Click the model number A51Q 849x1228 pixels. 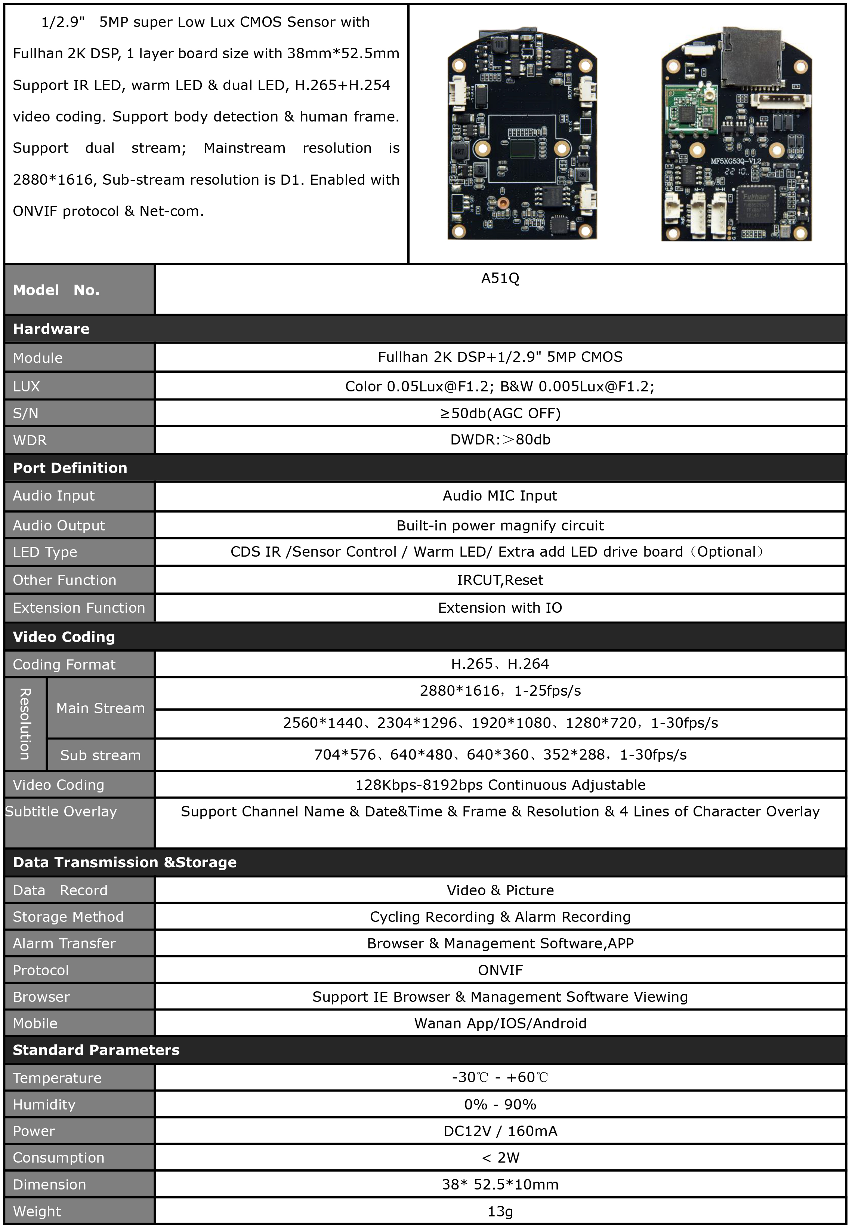tap(500, 278)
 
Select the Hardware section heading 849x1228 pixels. tap(51, 329)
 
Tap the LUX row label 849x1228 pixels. tap(27, 386)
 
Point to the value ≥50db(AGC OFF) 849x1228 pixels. tap(500, 413)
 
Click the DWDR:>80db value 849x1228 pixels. tap(500, 440)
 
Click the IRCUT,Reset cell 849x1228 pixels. tap(500, 580)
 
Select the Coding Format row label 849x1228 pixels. tap(64, 665)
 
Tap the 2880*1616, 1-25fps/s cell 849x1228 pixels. tap(500, 690)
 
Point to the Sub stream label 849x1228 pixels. tap(100, 755)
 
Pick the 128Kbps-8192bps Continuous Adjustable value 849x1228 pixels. tap(500, 785)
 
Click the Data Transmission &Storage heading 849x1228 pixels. tap(124, 862)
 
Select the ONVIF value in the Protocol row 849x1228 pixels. tap(500, 970)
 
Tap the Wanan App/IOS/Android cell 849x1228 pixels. tap(500, 1023)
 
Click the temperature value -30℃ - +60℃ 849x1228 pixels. tap(500, 1077)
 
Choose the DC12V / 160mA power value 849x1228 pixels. tap(500, 1131)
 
